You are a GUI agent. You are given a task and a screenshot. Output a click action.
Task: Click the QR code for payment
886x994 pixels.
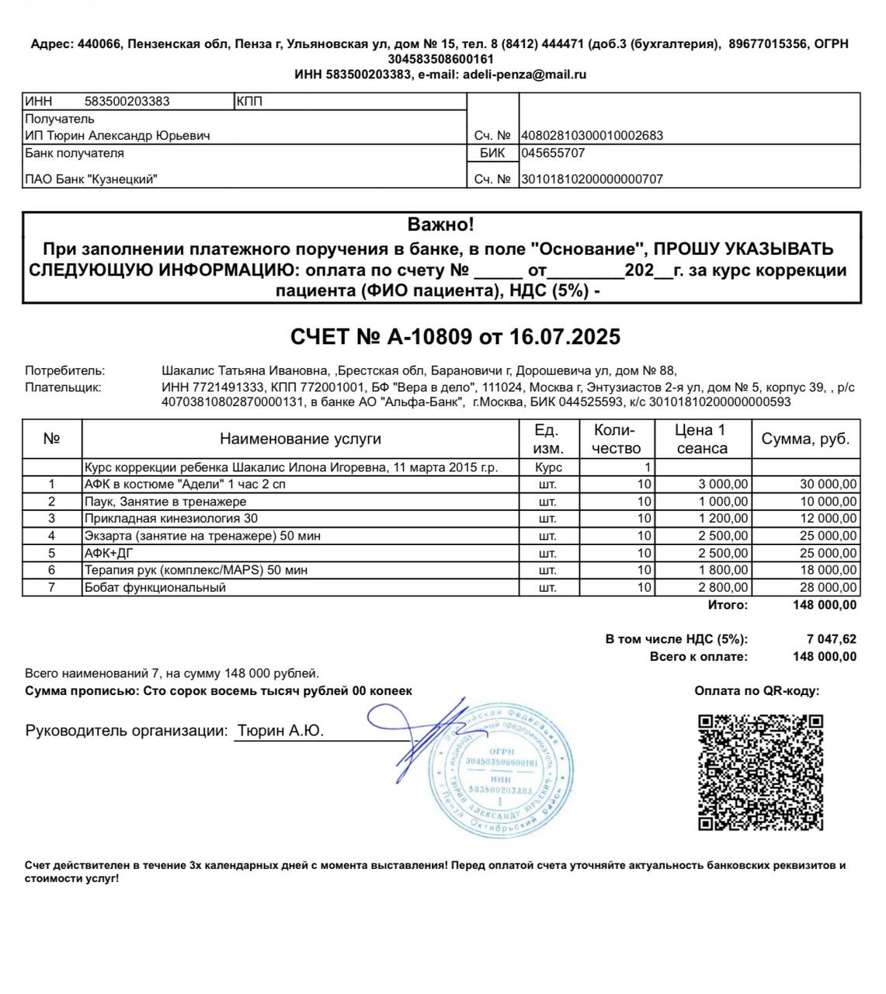point(760,772)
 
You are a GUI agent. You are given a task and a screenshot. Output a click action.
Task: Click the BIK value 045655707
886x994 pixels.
point(553,153)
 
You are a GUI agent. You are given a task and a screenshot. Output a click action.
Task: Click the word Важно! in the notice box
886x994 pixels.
point(440,225)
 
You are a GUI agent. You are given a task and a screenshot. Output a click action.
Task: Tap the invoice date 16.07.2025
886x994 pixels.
point(565,337)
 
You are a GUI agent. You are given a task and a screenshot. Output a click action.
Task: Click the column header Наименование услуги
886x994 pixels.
point(301,439)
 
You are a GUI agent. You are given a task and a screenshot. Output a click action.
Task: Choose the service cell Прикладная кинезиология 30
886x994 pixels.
point(171,518)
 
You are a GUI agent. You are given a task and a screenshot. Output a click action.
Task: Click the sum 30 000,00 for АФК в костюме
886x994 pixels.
point(828,484)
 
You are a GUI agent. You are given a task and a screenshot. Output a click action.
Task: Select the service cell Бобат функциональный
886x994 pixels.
point(155,587)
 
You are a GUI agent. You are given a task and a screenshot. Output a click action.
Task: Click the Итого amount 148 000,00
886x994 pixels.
point(825,605)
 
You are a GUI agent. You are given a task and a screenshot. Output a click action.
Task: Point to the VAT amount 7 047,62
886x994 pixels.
point(832,639)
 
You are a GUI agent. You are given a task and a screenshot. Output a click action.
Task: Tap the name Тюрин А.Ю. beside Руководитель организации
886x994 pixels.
point(280,731)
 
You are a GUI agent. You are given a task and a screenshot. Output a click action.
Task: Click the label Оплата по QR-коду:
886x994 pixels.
point(756,691)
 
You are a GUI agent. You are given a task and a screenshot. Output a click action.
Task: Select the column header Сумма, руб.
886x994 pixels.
point(805,439)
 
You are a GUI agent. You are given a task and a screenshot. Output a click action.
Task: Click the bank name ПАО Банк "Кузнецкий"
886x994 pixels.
point(91,179)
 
